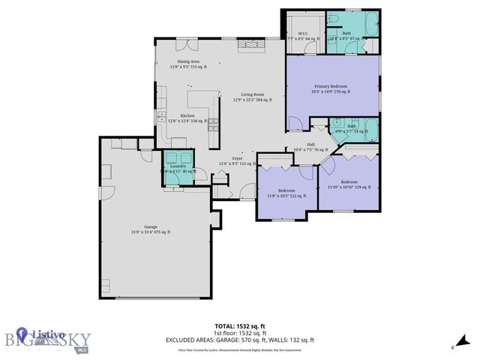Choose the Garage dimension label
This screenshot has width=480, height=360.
coord(151,229)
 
